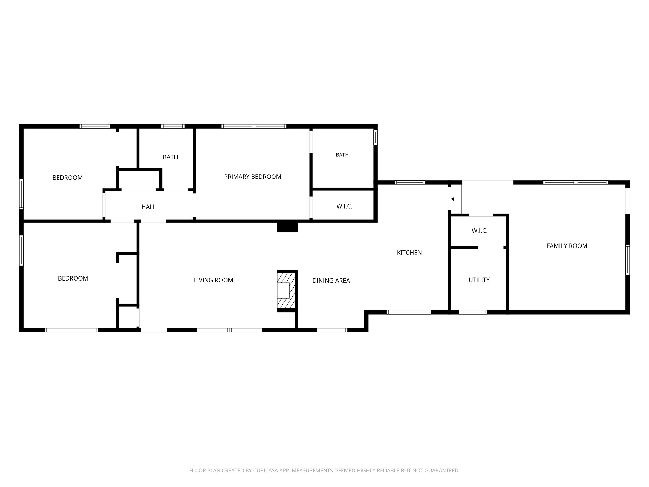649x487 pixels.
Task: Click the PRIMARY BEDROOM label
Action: coord(253,177)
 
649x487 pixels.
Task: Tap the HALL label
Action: coord(149,207)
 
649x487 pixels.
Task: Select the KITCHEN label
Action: coord(409,253)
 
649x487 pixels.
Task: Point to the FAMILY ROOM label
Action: coord(567,246)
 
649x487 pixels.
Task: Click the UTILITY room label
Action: coord(479,280)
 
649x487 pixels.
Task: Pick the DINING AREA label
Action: coord(331,281)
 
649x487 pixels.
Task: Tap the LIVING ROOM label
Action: coord(214,280)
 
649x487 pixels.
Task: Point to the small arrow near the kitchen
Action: coord(456,199)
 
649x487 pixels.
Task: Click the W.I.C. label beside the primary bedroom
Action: coord(344,206)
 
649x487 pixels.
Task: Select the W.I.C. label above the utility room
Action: coord(480,231)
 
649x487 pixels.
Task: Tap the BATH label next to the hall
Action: coord(171,157)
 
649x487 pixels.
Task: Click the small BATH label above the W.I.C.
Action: coord(342,155)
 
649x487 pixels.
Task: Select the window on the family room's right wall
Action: coord(627,260)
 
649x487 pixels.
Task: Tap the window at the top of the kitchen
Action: coord(410,182)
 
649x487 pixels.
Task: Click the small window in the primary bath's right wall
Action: coord(375,137)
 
